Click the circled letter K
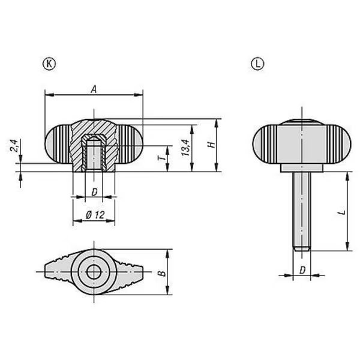pos(49,64)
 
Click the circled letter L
pos(257,64)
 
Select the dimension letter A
pos(94,89)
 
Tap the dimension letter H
pos(211,145)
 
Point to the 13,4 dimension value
pos(186,148)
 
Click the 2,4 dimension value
pos(14,145)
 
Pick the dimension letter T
pos(161,158)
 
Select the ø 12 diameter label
pos(95,215)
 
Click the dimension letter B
pos(162,273)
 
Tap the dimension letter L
pos(341,212)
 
